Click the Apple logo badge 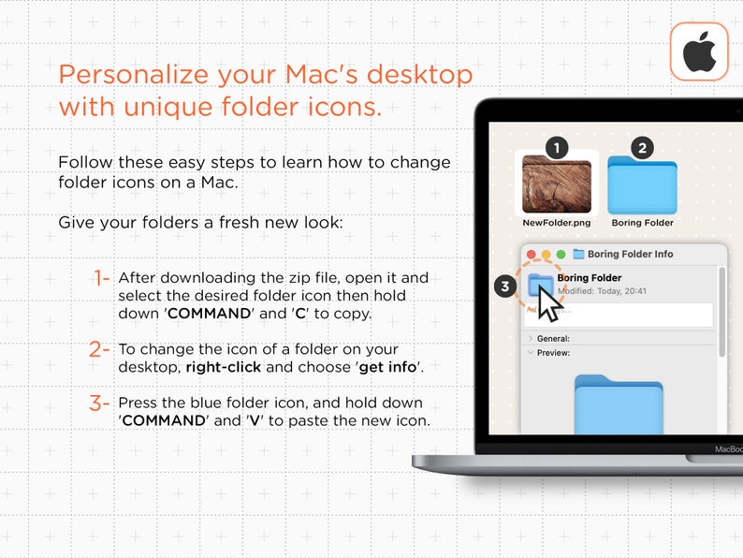coord(699,51)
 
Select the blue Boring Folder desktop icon coord(642,186)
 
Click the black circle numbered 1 coord(557,148)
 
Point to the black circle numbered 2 coord(642,148)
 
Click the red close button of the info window coord(532,254)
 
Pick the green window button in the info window coord(561,254)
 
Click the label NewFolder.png coord(557,223)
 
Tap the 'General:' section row coord(553,338)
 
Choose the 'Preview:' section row coord(553,353)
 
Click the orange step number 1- coord(101,278)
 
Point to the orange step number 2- coord(100,350)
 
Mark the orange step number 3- coord(100,404)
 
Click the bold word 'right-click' coord(223,367)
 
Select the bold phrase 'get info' coord(387,367)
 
